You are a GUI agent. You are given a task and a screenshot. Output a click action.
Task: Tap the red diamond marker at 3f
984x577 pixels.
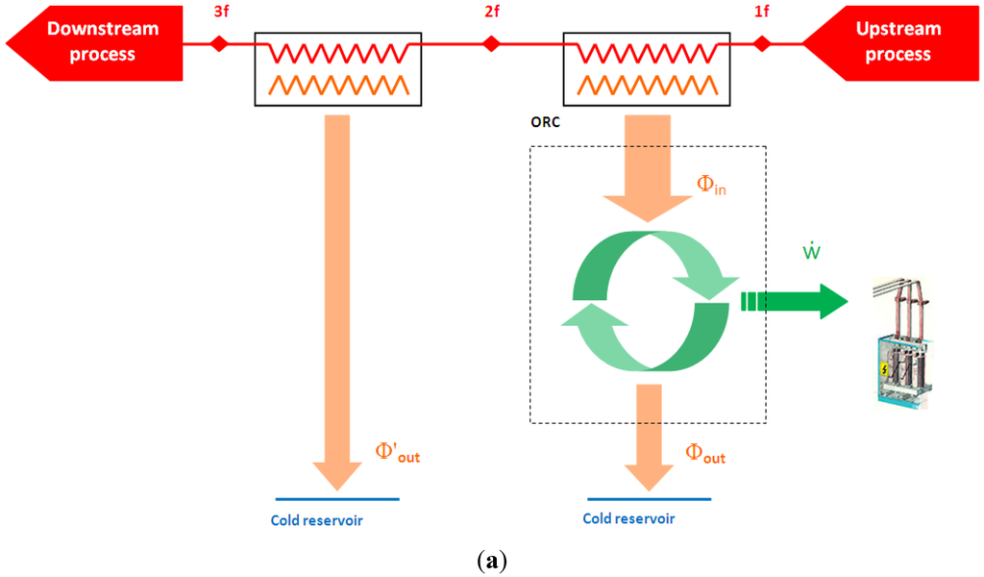(x=220, y=43)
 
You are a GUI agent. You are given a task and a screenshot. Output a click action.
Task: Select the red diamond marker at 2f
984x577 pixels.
(x=491, y=43)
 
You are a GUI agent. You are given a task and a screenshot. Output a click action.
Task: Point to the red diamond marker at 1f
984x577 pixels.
(x=762, y=43)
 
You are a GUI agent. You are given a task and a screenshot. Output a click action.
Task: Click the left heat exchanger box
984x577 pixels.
(x=335, y=68)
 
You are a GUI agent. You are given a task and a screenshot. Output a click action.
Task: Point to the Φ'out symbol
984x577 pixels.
(x=397, y=453)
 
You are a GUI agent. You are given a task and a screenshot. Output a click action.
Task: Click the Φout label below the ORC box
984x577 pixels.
(x=705, y=454)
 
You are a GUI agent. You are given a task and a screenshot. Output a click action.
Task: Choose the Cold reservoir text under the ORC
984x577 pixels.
(x=628, y=518)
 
